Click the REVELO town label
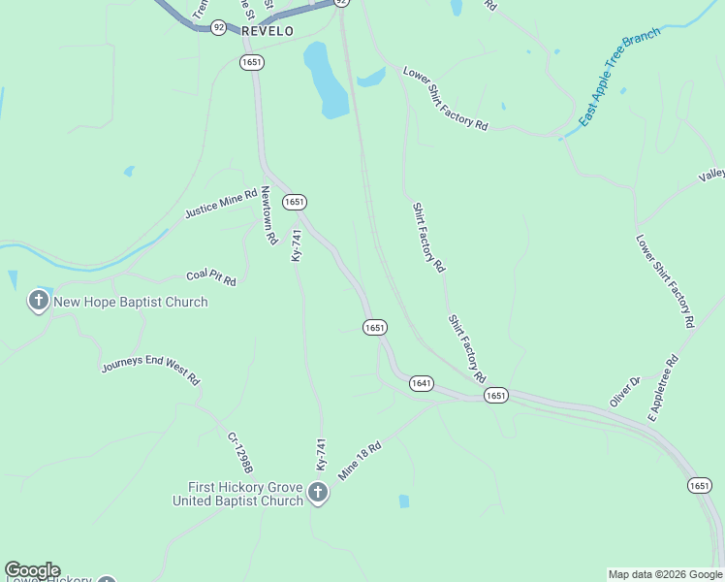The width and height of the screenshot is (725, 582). (267, 31)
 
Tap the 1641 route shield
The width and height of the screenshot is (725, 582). (421, 383)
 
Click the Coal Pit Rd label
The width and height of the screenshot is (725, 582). (210, 278)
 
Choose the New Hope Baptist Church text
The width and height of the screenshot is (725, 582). (130, 302)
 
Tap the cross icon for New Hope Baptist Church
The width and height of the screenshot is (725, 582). (39, 301)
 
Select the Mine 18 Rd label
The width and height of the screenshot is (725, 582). (361, 461)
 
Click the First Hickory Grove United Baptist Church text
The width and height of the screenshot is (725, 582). (238, 494)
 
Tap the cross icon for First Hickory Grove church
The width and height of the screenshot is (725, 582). (317, 495)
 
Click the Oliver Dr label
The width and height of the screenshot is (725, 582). (625, 392)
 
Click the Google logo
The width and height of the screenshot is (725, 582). (32, 570)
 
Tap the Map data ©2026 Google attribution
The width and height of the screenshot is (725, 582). (665, 574)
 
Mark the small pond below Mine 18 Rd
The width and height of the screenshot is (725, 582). (404, 501)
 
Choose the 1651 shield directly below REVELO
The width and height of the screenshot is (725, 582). (252, 62)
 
